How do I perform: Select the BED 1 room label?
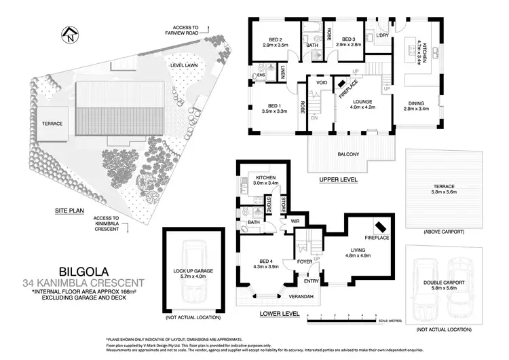pos(274,107)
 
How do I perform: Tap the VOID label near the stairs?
pos(322,84)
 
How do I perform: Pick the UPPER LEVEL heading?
pos(338,181)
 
